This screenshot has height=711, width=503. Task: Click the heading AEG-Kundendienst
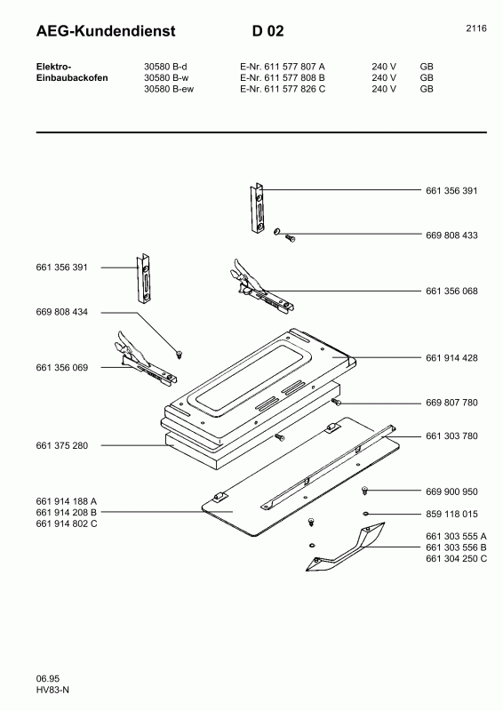[x=106, y=31]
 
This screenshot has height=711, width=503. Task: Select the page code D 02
[x=267, y=31]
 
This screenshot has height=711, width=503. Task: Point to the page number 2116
[x=475, y=28]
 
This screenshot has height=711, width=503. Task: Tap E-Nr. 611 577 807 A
[x=283, y=67]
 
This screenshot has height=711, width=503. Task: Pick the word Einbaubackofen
[x=72, y=78]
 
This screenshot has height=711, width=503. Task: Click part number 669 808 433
[x=451, y=235]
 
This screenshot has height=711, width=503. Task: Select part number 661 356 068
[x=451, y=291]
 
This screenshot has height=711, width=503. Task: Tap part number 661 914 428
[x=451, y=357]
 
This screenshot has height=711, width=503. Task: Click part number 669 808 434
[x=62, y=312]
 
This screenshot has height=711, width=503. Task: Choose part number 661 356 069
[x=62, y=367]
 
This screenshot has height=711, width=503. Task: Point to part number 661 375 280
[x=62, y=444]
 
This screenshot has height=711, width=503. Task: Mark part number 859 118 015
[x=451, y=514]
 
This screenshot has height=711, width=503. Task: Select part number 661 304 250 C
[x=456, y=558]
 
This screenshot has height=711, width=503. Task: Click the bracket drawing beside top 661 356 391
[x=259, y=205]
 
